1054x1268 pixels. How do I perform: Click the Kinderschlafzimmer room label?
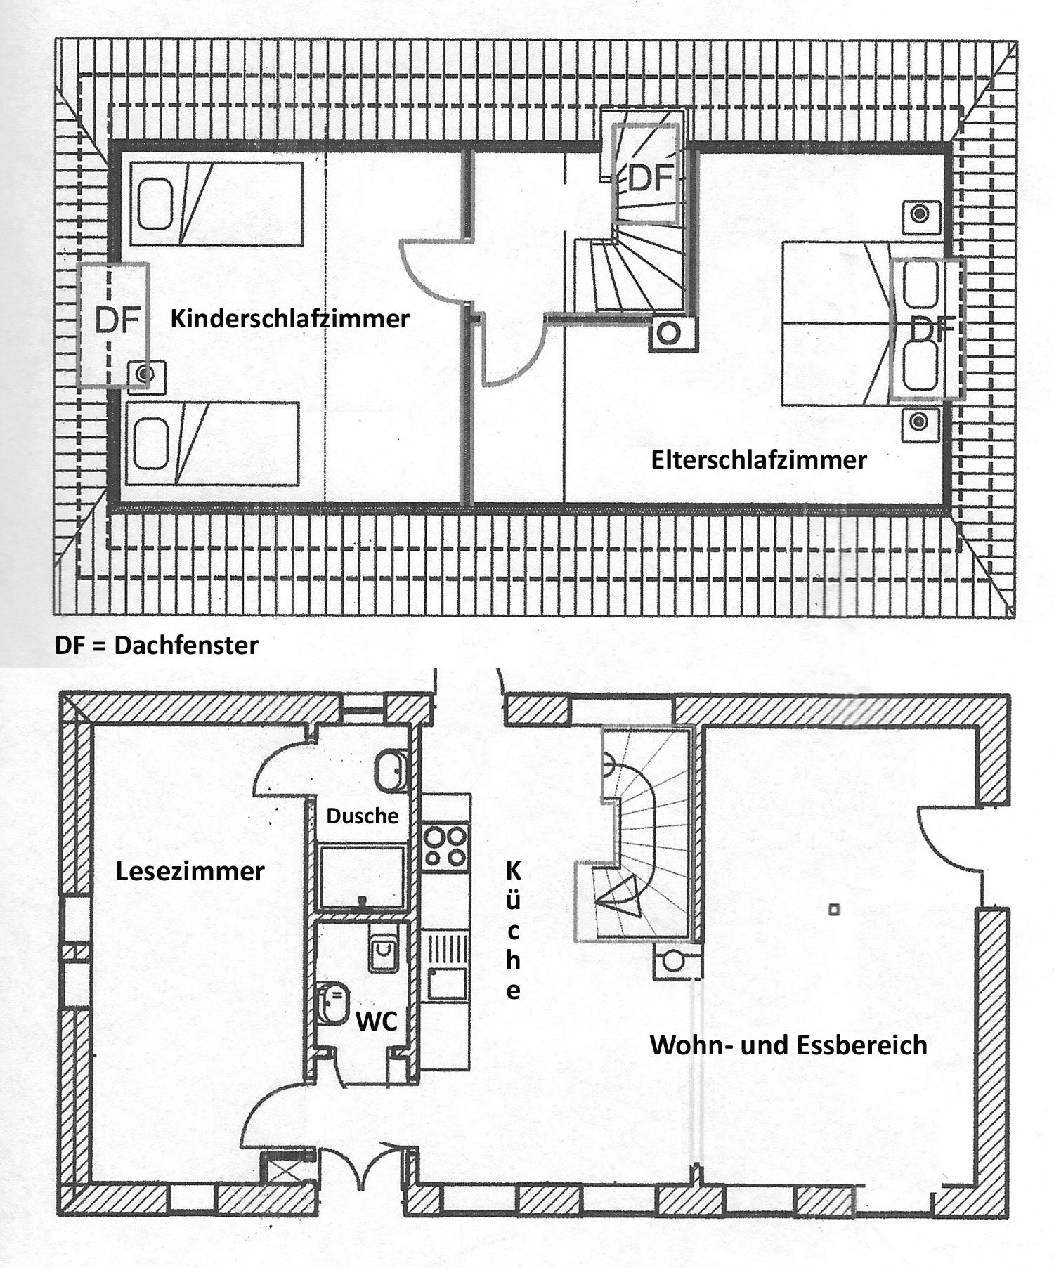coord(289,319)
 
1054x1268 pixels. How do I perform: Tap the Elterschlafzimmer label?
coord(758,460)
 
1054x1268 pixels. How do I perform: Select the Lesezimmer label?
coord(190,871)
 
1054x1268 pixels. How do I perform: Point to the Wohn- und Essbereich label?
coord(788,1045)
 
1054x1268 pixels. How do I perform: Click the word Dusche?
coord(363,816)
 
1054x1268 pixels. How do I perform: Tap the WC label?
coord(377,1021)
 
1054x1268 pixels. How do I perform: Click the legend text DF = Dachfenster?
coord(157,645)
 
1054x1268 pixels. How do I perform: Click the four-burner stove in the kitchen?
coord(446,847)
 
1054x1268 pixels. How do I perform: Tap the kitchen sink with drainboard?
coord(447,965)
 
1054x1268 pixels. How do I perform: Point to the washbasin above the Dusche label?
coord(389,771)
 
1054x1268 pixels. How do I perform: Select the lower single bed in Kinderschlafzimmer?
coord(212,444)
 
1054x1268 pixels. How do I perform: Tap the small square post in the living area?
coord(834,910)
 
